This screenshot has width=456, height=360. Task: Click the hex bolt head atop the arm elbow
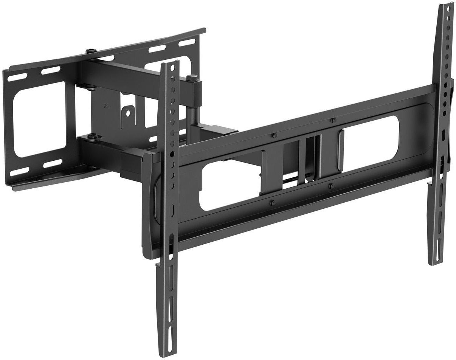(x=192, y=78)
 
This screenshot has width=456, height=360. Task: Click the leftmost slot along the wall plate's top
(x=15, y=77)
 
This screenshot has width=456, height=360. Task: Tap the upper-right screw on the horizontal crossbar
(x=332, y=121)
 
